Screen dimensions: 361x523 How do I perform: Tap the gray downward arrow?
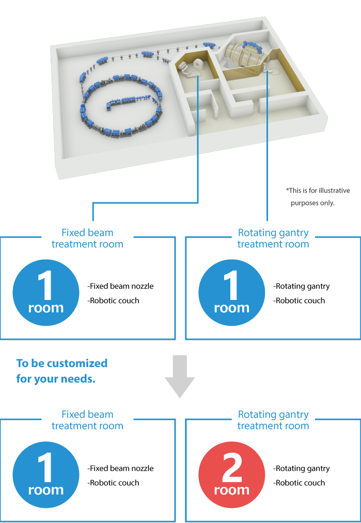click(x=180, y=376)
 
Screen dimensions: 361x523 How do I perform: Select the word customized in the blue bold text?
click(x=77, y=363)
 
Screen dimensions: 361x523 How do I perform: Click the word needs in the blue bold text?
click(x=80, y=379)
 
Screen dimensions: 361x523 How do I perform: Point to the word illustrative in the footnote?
click(x=331, y=191)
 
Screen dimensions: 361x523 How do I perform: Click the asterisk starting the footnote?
click(x=287, y=190)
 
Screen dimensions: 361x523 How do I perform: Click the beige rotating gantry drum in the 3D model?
click(x=242, y=57)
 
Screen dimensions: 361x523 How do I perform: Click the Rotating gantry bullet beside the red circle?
click(x=302, y=468)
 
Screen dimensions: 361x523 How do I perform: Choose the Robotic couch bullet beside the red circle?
click(x=299, y=483)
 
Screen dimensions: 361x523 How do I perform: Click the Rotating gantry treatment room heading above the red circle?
click(x=273, y=420)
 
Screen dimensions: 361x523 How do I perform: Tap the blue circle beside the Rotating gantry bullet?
click(x=231, y=293)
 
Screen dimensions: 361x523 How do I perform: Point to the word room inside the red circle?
click(x=231, y=490)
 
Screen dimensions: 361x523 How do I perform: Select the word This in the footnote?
click(x=294, y=191)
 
